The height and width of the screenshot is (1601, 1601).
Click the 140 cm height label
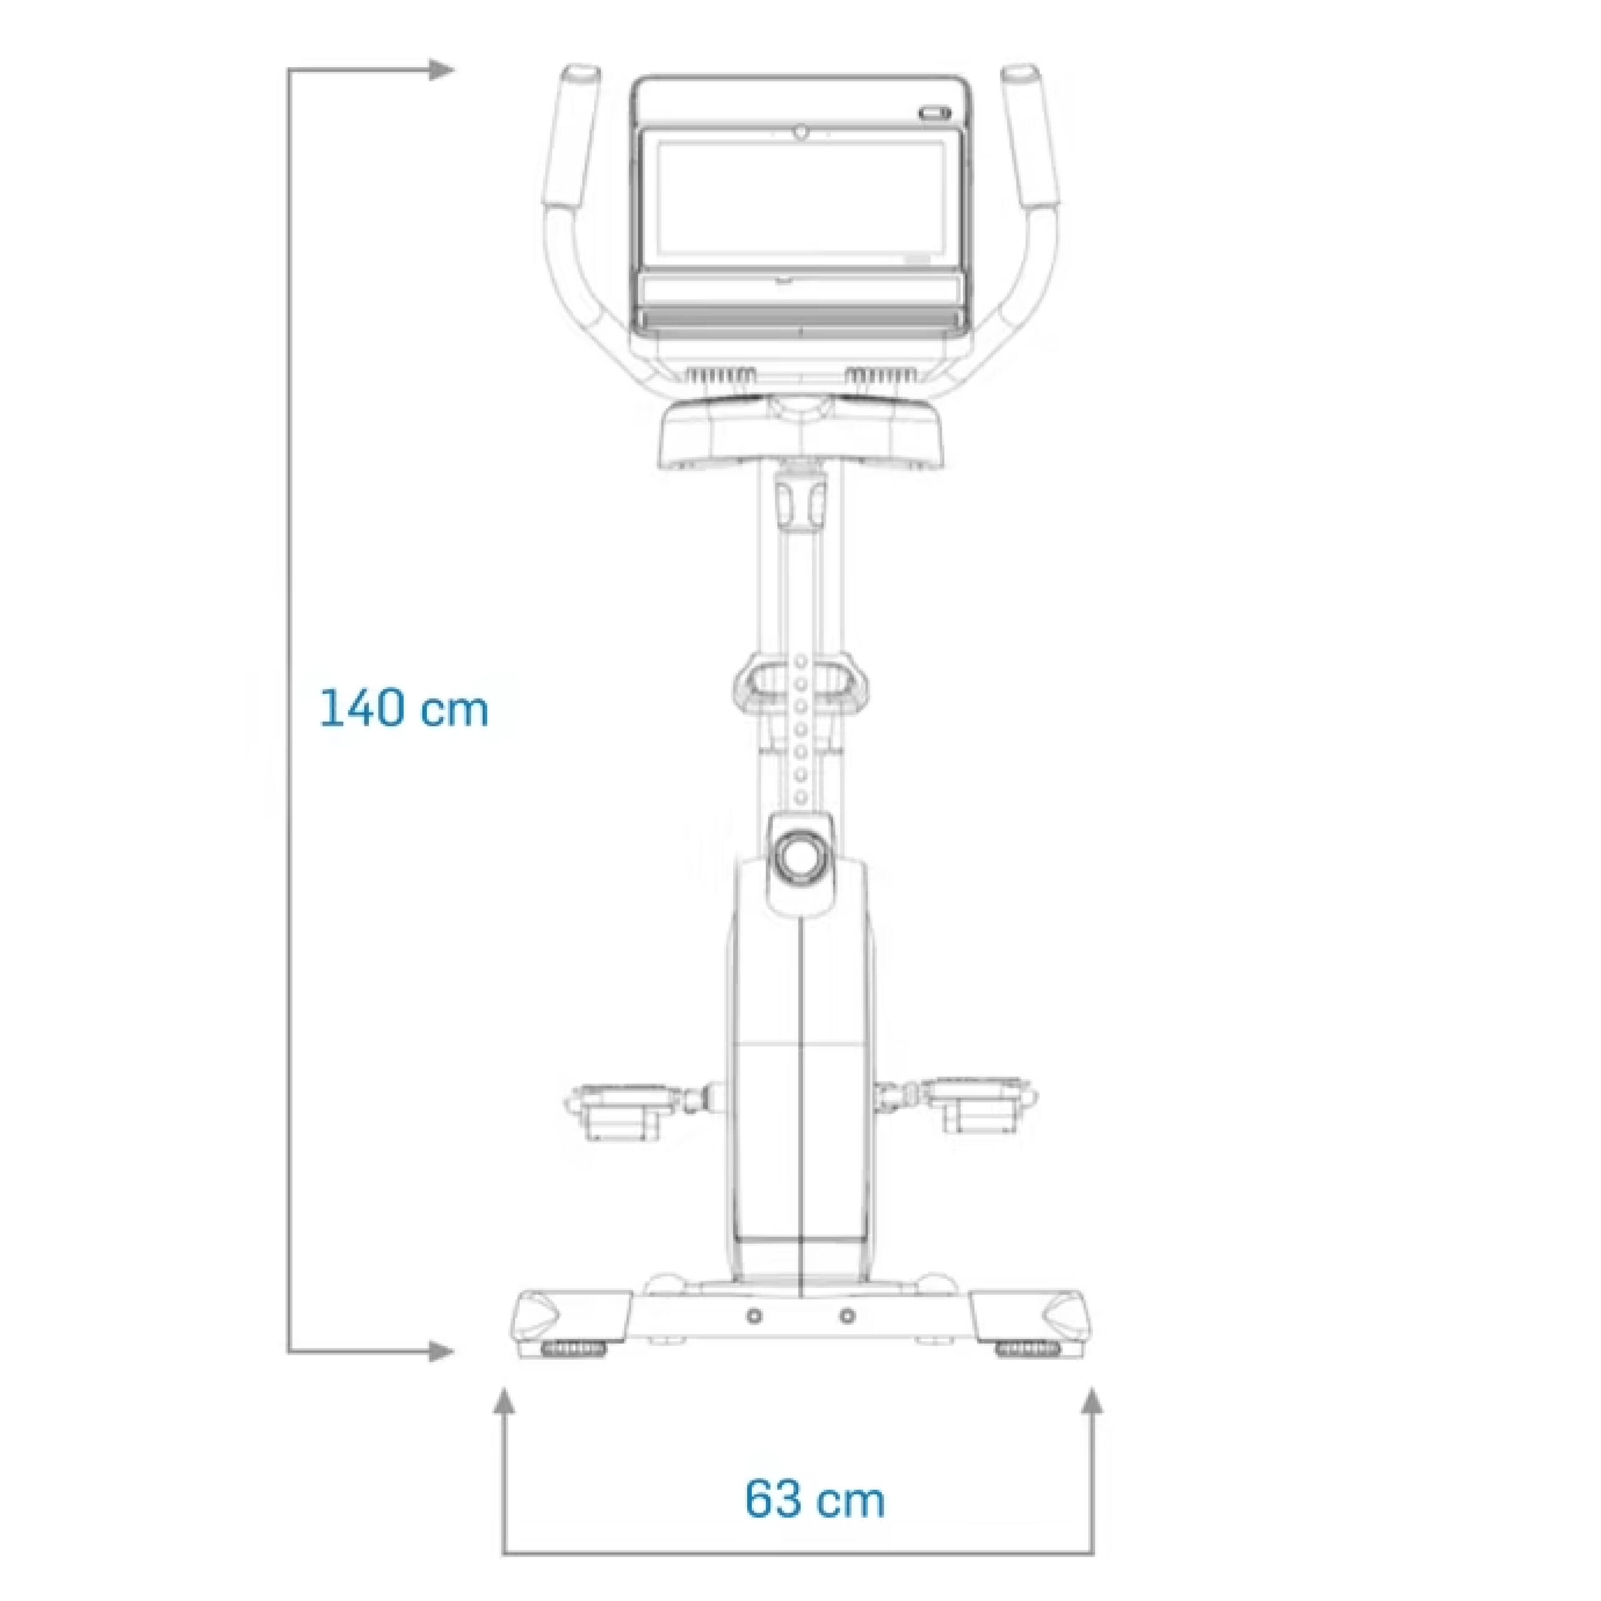(405, 709)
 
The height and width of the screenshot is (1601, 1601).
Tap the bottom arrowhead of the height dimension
(442, 1354)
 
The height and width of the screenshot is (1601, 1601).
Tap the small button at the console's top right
(934, 112)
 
